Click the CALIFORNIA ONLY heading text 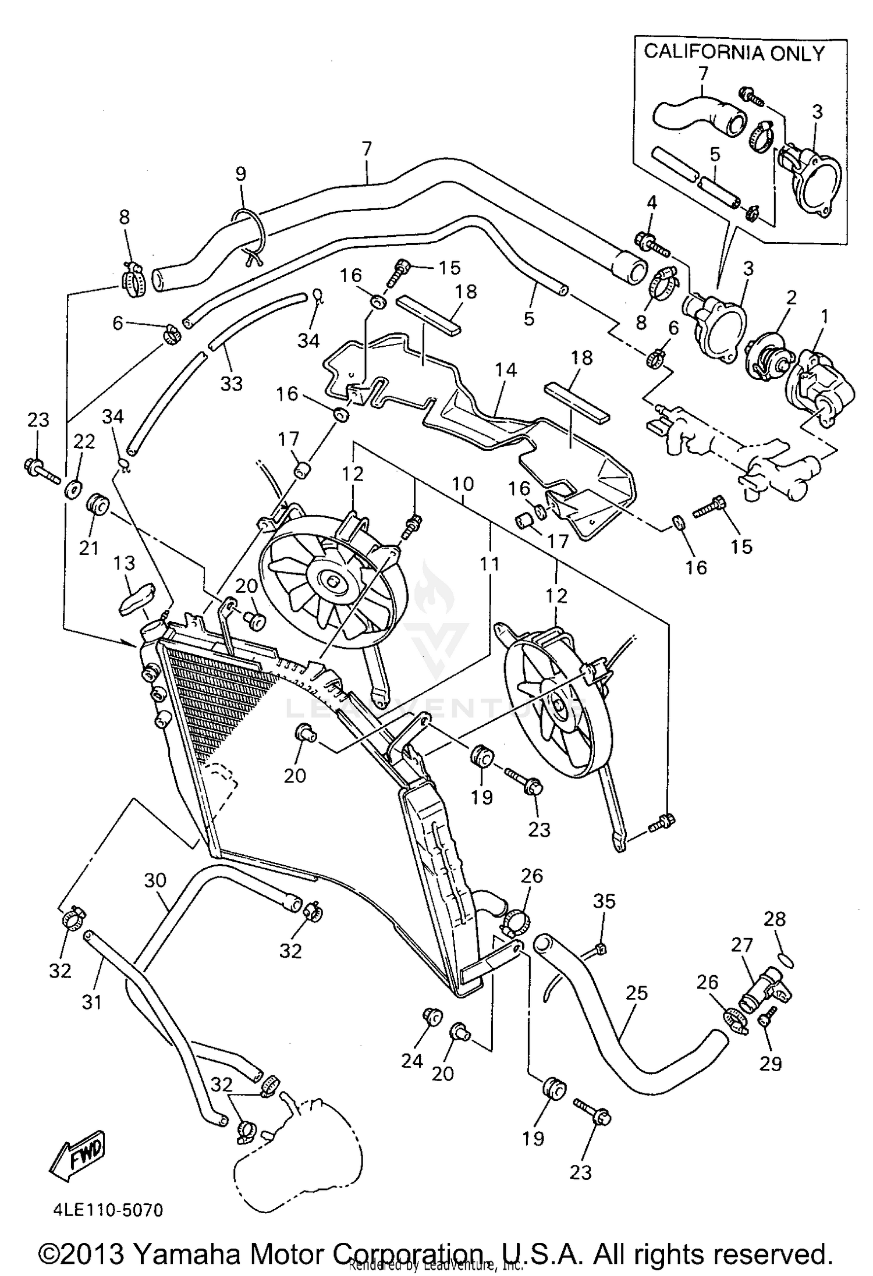coord(734,53)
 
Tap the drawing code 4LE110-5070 coord(108,1210)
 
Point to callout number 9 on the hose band coord(240,174)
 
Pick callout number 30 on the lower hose coord(155,880)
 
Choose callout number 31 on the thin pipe coord(92,1001)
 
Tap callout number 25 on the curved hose coord(637,993)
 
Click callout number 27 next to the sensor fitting coord(742,945)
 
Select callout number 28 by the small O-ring coord(775,919)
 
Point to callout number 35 coord(604,901)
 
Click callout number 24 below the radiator coord(412,1061)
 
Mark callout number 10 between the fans coord(463,484)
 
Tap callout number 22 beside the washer coord(84,442)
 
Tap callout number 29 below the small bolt coord(771,1063)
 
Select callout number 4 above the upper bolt coord(652,203)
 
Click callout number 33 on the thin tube coord(231,383)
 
